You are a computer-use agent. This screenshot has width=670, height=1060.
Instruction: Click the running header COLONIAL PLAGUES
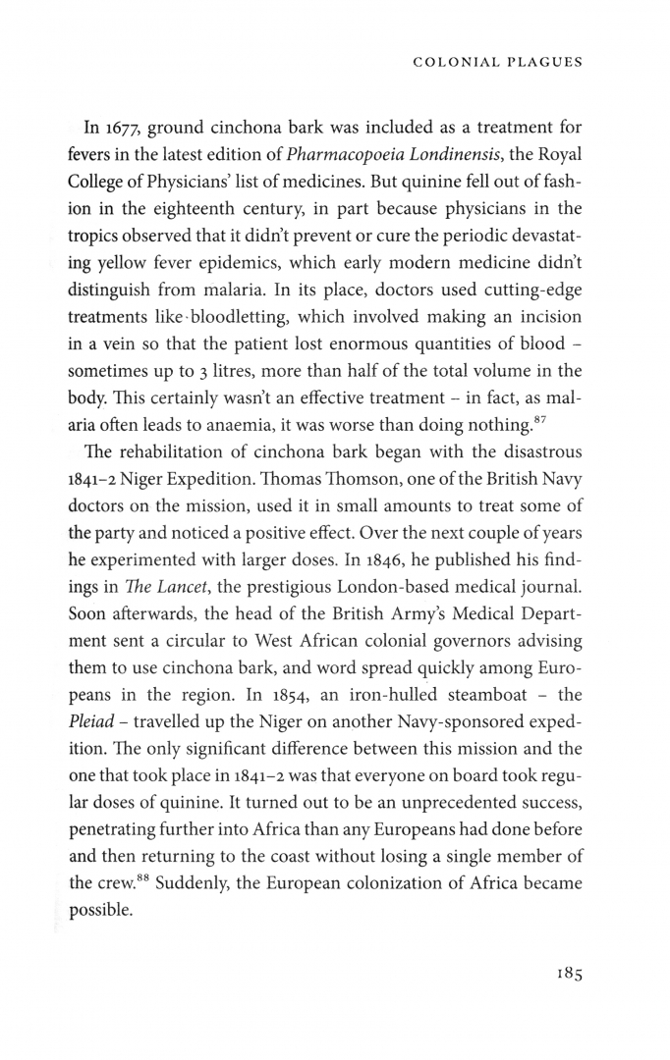click(499, 62)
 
